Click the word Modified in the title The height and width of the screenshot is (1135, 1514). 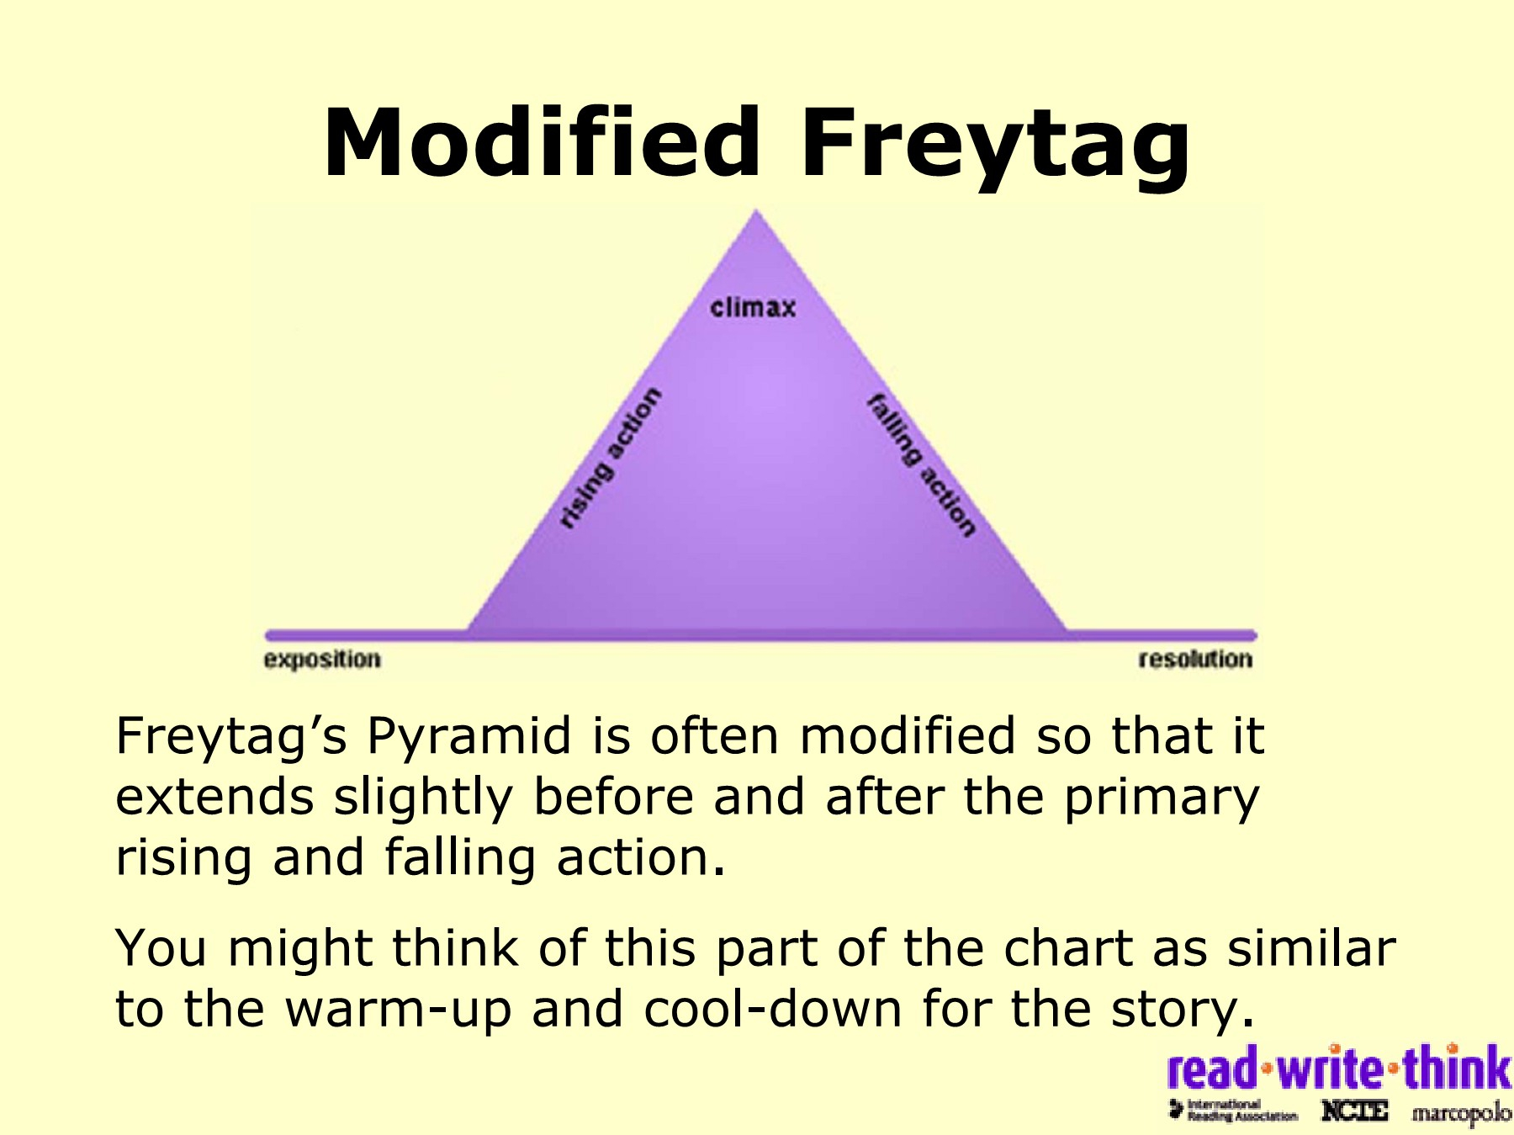(x=542, y=142)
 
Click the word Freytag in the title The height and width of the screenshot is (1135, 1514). (x=996, y=148)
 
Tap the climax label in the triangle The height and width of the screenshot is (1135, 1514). (x=753, y=308)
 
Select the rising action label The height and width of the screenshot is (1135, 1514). (x=611, y=459)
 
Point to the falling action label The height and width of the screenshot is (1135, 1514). (x=922, y=464)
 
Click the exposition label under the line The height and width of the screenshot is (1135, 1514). (x=322, y=660)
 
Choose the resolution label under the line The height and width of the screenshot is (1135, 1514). (x=1195, y=659)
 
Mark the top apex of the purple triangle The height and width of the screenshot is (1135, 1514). (x=756, y=210)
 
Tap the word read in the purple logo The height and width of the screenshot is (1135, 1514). (x=1213, y=1069)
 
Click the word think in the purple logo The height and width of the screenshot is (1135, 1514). (x=1458, y=1068)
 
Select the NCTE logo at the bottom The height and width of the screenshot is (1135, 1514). (x=1354, y=1111)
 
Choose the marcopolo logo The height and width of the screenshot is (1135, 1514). (x=1462, y=1113)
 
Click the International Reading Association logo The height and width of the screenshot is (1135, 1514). (x=1233, y=1110)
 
